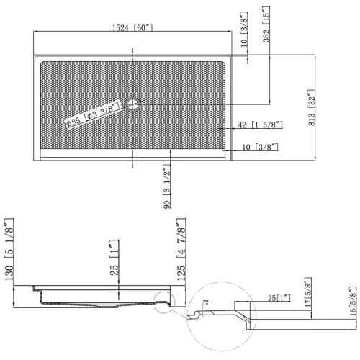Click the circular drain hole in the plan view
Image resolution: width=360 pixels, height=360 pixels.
click(132, 105)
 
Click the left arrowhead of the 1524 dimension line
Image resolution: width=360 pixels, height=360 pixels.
click(36, 32)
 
